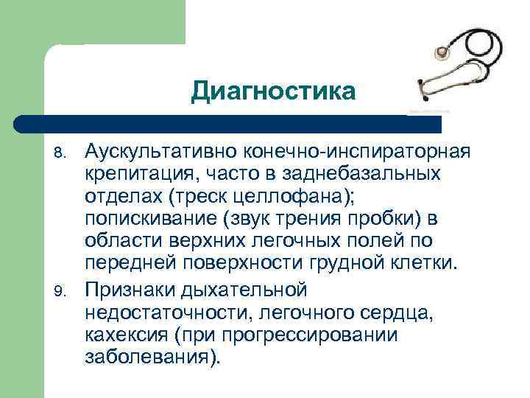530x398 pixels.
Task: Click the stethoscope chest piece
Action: [442, 54]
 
